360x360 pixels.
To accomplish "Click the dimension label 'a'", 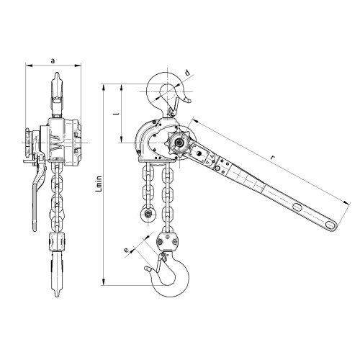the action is (53, 60).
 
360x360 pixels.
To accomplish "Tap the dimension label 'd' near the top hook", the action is (188, 72).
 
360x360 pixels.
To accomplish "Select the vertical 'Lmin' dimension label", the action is (99, 184).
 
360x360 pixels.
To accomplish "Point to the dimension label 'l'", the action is (117, 113).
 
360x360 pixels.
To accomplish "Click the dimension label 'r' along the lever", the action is (272, 158).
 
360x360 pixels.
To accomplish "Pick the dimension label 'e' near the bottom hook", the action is (126, 250).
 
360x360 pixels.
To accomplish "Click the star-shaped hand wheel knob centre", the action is (179, 143).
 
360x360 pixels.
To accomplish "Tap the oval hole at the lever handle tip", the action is (330, 225).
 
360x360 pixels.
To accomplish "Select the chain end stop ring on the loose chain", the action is (148, 213).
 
